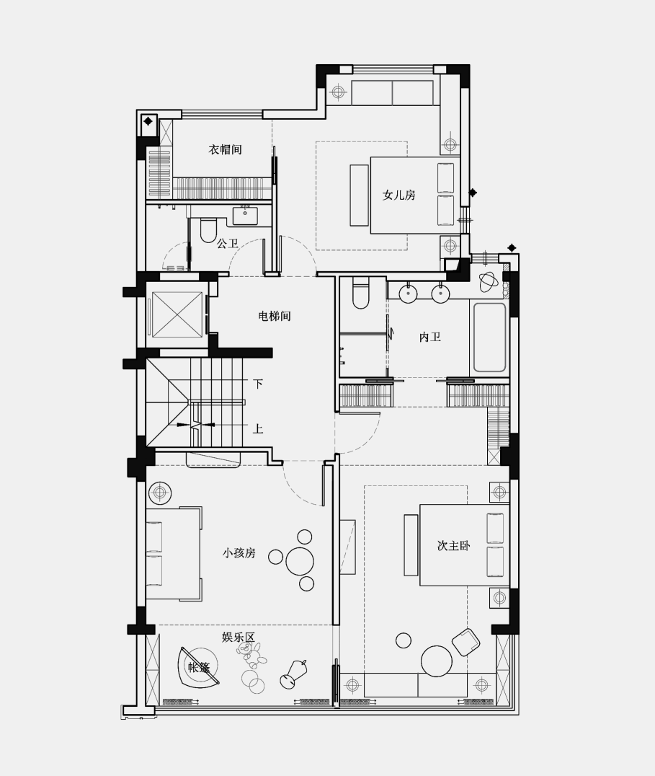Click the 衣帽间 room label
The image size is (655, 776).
pos(225,150)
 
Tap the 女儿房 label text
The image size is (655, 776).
pos(398,195)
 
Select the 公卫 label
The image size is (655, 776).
pos(228,244)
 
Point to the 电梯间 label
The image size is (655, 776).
pos(274,316)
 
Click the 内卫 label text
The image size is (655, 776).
pos(429,337)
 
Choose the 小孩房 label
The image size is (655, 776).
pos(239,553)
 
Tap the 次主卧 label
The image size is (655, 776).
pos(453,546)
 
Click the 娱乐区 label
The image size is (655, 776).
pos(238,637)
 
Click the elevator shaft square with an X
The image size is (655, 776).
pos(177,314)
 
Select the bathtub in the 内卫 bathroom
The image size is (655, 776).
pos(490,337)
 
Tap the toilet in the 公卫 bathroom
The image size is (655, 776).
pos(209,230)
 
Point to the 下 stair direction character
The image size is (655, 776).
pos(257,384)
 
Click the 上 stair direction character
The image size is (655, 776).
pos(257,428)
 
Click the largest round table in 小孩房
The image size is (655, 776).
pos(300,560)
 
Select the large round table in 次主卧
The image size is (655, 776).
pos(437,661)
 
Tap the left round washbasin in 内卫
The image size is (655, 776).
pos(409,293)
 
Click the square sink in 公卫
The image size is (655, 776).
pos(245,215)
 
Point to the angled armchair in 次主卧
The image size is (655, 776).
pos(465,641)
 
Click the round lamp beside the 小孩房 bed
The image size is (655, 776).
pos(160,493)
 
